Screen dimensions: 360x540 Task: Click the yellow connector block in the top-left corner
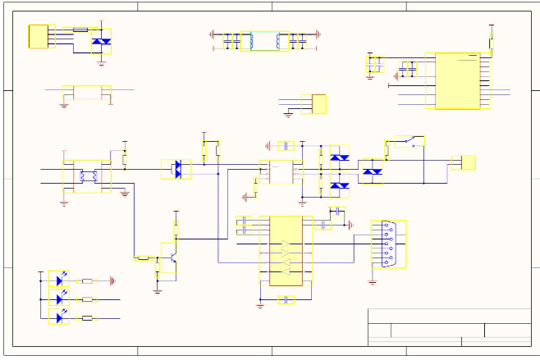(38, 36)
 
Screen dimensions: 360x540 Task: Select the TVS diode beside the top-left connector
(102, 40)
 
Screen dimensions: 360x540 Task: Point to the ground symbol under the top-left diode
(102, 62)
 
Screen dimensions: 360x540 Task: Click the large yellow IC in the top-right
(458, 81)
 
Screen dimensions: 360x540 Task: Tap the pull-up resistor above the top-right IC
(492, 38)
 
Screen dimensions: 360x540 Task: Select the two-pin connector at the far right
(468, 162)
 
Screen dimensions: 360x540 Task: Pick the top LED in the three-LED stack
(59, 280)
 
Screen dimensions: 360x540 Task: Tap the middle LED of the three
(59, 299)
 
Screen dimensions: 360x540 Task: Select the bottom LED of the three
(59, 317)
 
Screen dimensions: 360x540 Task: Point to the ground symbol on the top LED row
(112, 280)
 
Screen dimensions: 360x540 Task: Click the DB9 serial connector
(391, 244)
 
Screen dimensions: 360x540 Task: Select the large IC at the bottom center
(286, 251)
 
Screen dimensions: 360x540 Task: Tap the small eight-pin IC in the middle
(278, 171)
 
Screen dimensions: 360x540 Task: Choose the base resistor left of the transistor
(144, 257)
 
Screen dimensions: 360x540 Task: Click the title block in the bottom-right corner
(448, 327)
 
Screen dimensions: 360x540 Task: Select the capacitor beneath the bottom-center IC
(285, 300)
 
